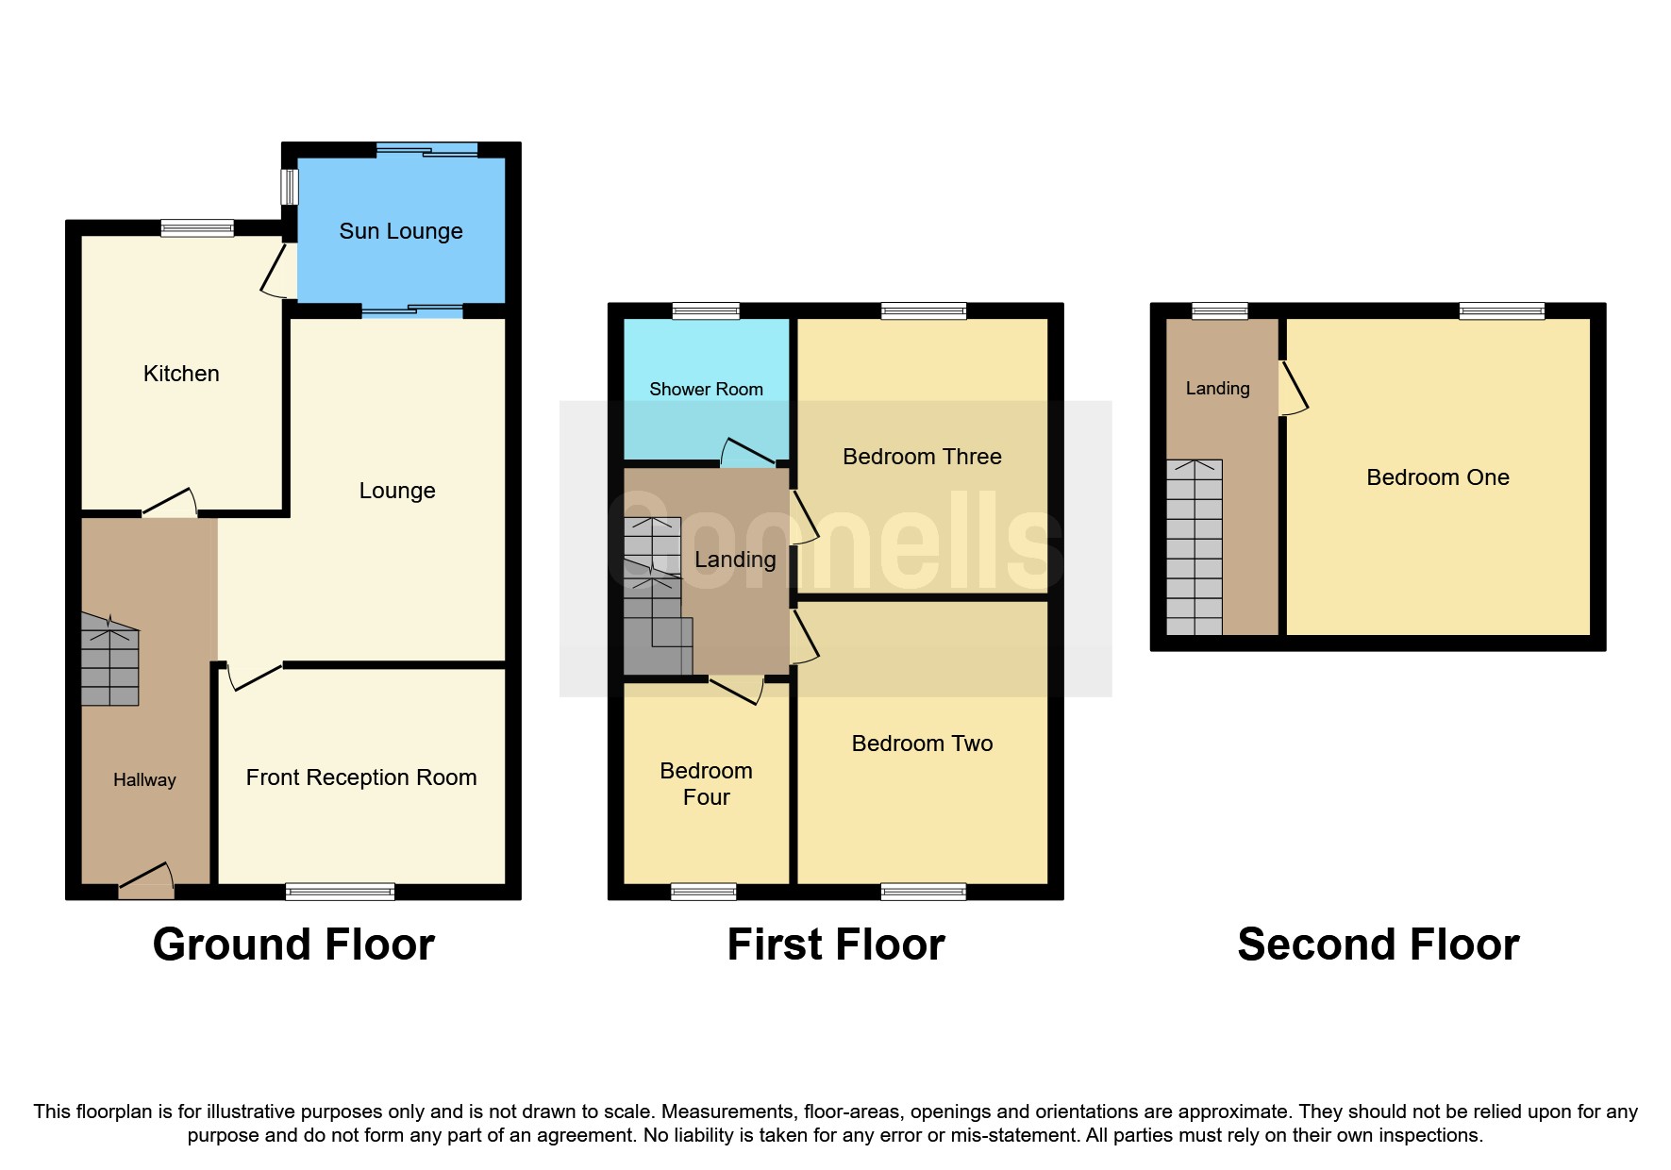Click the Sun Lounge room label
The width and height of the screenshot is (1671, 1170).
(401, 231)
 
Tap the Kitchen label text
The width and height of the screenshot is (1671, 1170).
(181, 374)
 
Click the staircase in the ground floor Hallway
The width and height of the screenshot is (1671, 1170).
(109, 660)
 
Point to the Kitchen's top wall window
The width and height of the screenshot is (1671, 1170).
(196, 227)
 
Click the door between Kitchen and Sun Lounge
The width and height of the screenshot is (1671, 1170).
(275, 272)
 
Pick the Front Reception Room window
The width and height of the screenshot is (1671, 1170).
(340, 892)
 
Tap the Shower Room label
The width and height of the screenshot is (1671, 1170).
(706, 389)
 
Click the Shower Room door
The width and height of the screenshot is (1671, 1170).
(747, 454)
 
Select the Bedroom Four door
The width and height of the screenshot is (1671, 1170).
(737, 689)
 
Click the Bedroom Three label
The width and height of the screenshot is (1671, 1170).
(922, 457)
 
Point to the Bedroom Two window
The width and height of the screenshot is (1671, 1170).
(923, 892)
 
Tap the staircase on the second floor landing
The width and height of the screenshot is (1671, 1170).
(1194, 547)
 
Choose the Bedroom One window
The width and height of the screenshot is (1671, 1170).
(1501, 310)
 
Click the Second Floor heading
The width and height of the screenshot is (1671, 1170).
(1378, 944)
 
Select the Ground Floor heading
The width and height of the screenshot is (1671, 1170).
(293, 944)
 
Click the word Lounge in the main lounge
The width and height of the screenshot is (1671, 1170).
(397, 491)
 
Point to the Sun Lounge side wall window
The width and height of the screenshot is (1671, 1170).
(290, 186)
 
